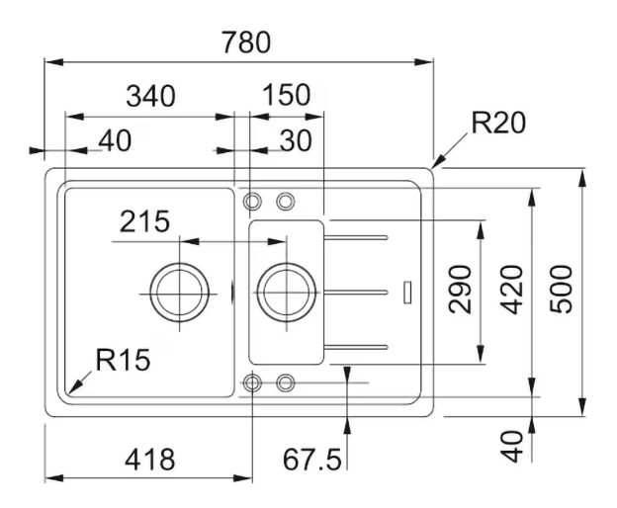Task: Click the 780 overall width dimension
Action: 246,42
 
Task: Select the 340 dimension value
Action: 150,96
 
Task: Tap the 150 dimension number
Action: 287,95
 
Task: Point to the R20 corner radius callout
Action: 498,123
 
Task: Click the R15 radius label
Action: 124,360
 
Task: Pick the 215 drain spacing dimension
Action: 144,221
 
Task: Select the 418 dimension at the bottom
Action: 150,460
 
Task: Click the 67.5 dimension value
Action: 312,460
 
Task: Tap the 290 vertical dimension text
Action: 460,290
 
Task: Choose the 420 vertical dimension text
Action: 512,290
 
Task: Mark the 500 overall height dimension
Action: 561,290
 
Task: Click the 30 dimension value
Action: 296,140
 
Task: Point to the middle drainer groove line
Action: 356,293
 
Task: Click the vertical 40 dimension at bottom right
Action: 512,447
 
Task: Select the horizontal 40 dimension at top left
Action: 115,140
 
